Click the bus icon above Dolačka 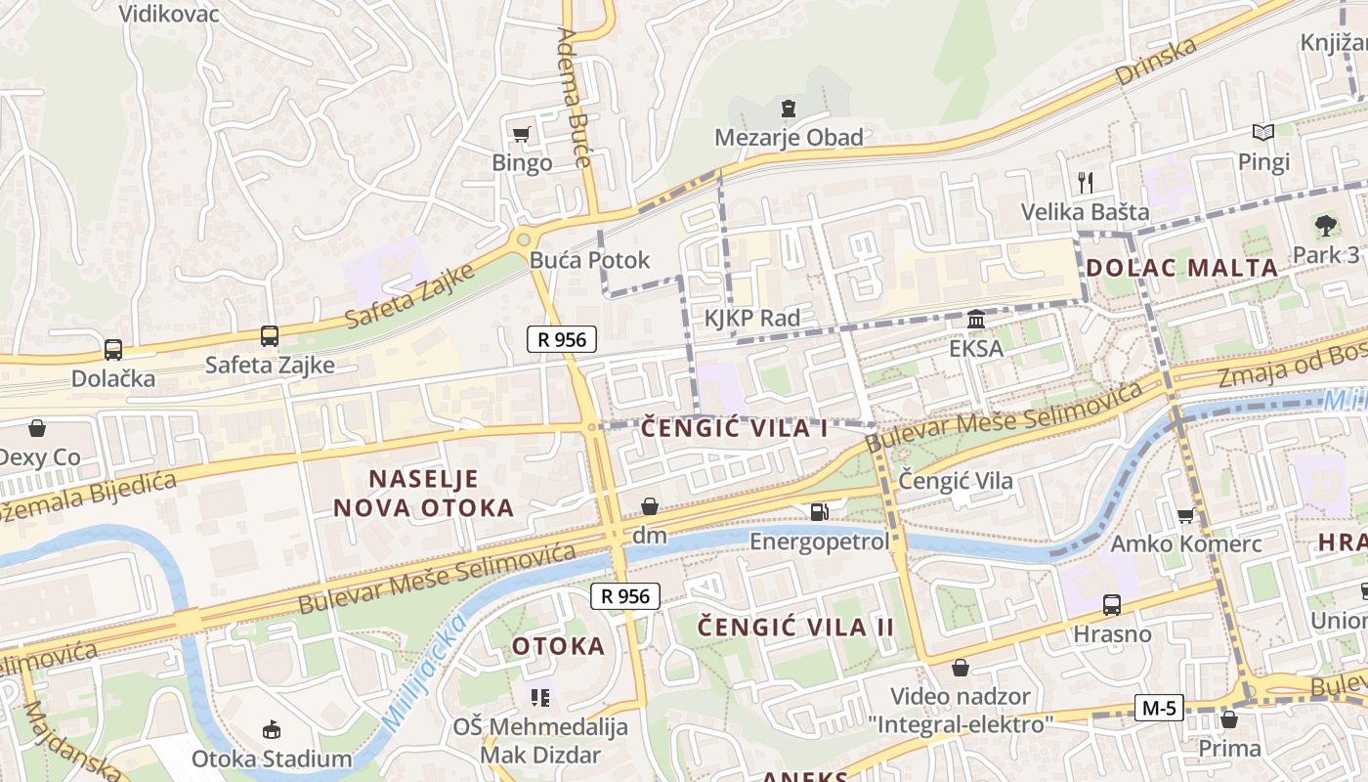[113, 350]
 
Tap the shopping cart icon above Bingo [522, 134]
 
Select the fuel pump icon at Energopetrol [819, 511]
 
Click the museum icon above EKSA [975, 320]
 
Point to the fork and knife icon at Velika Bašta [1085, 182]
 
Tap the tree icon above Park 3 [1325, 226]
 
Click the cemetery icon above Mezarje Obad [789, 109]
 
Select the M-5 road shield [1159, 708]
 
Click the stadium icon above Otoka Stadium [272, 729]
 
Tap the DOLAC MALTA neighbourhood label [1181, 267]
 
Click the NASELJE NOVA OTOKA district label [423, 493]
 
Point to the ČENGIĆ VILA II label [795, 627]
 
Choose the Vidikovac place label [169, 14]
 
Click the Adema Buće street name [576, 98]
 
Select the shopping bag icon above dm [649, 506]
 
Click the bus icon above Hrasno [1112, 605]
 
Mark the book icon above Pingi [1263, 132]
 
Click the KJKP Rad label [751, 318]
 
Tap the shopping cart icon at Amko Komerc [1185, 515]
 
